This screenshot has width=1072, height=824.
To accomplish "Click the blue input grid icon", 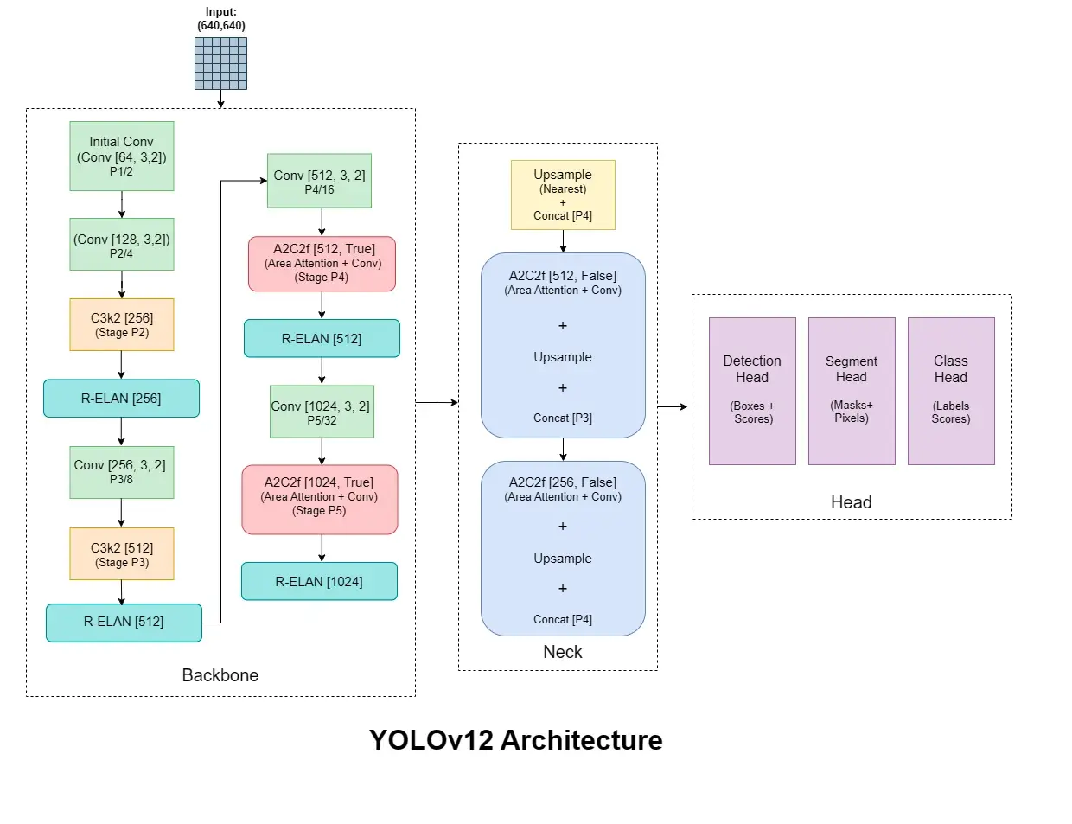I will pyautogui.click(x=220, y=63).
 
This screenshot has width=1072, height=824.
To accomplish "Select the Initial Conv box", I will pyautogui.click(x=122, y=156).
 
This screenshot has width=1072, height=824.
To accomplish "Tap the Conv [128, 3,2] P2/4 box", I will pyautogui.click(x=122, y=244).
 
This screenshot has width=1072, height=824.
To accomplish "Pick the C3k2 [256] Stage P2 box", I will pyautogui.click(x=122, y=324).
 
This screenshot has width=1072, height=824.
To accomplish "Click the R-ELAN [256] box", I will pyautogui.click(x=121, y=399).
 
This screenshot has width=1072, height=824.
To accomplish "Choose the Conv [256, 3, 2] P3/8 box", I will pyautogui.click(x=122, y=472).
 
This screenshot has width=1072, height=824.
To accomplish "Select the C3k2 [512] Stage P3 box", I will pyautogui.click(x=122, y=553).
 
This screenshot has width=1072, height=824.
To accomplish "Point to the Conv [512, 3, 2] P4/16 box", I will pyautogui.click(x=319, y=181).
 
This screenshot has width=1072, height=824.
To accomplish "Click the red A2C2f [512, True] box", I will pyautogui.click(x=322, y=264).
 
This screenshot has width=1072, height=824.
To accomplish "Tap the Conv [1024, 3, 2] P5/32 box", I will pyautogui.click(x=322, y=412).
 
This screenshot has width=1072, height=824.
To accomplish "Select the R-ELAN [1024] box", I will pyautogui.click(x=319, y=581).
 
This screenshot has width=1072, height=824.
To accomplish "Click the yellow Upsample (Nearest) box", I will pyautogui.click(x=563, y=195).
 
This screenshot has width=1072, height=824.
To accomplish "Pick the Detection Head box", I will pyautogui.click(x=752, y=391).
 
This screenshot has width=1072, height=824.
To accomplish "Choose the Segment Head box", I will pyautogui.click(x=852, y=391).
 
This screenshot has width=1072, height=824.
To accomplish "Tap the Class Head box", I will pyautogui.click(x=951, y=391).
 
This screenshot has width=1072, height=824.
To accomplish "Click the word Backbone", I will pyautogui.click(x=220, y=675).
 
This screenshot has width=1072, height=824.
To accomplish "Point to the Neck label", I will pyautogui.click(x=563, y=652).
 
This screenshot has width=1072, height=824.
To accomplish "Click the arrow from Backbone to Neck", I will pyautogui.click(x=437, y=402).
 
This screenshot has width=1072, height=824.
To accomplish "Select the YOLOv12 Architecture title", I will pyautogui.click(x=515, y=740).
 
